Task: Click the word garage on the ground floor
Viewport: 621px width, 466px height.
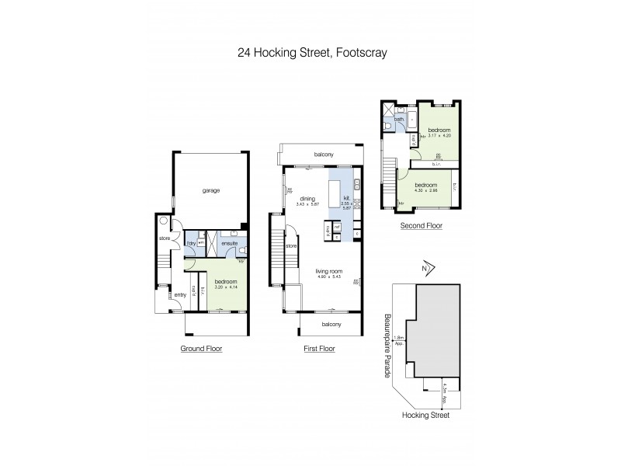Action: point(208,190)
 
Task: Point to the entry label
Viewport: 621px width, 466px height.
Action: point(179,294)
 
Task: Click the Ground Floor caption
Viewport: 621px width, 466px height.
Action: point(201,349)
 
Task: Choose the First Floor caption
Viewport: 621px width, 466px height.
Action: point(319,349)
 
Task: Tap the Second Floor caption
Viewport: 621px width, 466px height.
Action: point(422,225)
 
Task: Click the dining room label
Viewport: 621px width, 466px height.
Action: point(306,198)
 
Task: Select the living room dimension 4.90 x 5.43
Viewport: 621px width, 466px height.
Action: point(329,276)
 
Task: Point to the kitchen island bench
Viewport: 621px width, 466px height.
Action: point(335,196)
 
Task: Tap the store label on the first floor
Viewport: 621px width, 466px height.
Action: point(291,246)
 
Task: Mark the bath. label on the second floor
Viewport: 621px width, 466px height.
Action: point(399,120)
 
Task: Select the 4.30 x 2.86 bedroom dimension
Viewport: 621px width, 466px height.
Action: point(425,190)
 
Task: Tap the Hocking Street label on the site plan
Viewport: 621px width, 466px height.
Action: point(425,416)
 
